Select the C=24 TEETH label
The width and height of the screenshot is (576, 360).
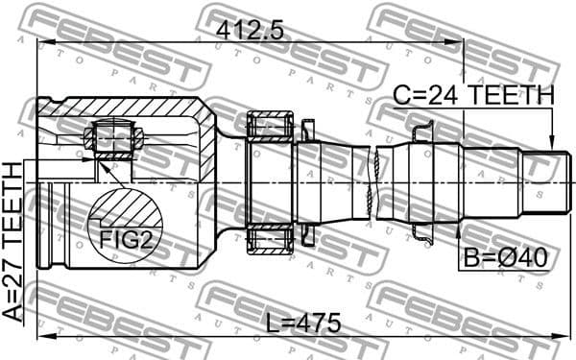click(474, 95)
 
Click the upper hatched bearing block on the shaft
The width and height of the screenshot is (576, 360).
click(270, 125)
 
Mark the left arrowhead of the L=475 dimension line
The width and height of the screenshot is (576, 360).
click(41, 338)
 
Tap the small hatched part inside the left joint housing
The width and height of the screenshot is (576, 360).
click(112, 136)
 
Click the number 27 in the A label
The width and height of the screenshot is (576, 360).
click(12, 285)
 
